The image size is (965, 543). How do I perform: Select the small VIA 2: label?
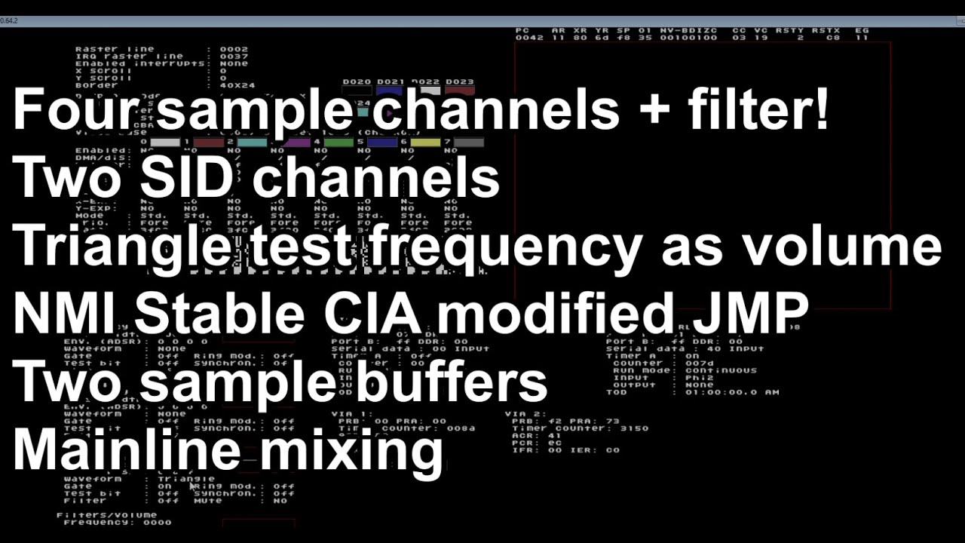(524, 414)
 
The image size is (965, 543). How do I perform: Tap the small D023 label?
(459, 81)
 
